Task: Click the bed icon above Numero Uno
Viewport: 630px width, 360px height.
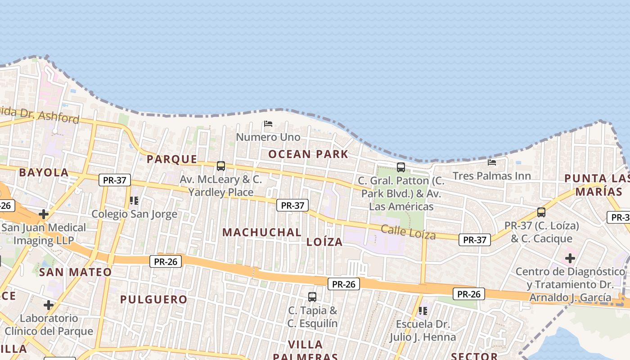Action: point(268,123)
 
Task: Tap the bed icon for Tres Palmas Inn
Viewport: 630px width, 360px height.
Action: point(492,162)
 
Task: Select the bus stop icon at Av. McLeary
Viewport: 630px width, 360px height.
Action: point(220,166)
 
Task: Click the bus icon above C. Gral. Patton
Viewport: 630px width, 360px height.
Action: point(400,167)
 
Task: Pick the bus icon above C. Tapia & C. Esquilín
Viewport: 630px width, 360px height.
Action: point(312,297)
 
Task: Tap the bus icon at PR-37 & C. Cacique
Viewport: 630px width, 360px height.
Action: point(541,212)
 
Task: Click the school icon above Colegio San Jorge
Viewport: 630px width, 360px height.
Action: point(134,200)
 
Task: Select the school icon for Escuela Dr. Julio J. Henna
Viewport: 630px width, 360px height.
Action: point(423,310)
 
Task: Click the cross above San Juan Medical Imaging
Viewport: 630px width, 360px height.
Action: point(43,214)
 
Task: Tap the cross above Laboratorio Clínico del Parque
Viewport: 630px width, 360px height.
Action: point(49,305)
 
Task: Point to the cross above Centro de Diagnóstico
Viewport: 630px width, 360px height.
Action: point(570,258)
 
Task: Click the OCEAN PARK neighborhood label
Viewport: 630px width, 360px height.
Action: point(308,154)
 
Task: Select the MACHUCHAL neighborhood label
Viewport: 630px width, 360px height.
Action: point(262,233)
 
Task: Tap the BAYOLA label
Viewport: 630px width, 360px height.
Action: point(44,172)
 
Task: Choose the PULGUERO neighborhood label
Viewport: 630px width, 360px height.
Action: point(153,299)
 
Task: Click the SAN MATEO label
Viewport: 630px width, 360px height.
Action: point(75,272)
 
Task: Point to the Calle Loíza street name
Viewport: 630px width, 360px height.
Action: point(408,232)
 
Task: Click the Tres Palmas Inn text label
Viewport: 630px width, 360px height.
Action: point(492,175)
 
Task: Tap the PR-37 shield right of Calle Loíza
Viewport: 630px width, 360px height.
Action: point(474,240)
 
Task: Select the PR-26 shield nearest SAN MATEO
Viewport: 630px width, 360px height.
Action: point(166,261)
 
